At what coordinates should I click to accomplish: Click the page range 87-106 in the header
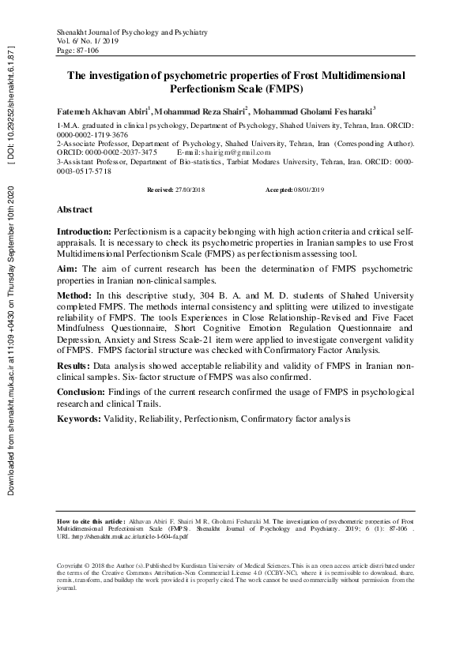point(84,50)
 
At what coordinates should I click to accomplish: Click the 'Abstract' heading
point(74,210)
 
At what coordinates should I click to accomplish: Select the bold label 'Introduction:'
point(85,230)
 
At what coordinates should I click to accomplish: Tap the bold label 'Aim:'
point(67,269)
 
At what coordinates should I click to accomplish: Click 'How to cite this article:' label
point(92,521)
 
